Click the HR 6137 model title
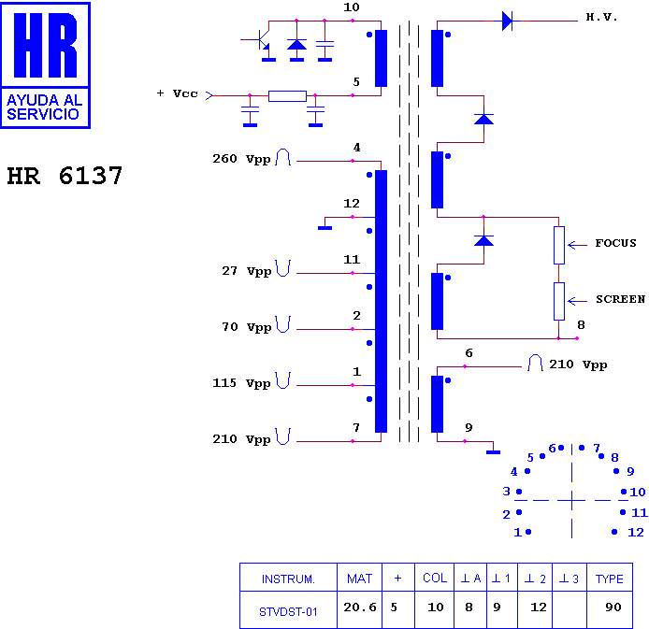coord(65,176)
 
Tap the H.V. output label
coord(602,18)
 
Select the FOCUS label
coord(616,243)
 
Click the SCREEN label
coord(620,299)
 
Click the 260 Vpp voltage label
coord(241,159)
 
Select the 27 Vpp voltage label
coord(247,271)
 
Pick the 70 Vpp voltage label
coord(247,327)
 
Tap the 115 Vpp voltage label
coord(241,383)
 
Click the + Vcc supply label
coord(177,93)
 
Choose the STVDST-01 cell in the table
coord(288,611)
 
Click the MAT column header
coord(359,579)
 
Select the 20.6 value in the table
coord(360,608)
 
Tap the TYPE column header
coord(610,579)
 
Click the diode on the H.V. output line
coord(507,21)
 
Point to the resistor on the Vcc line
coord(287,96)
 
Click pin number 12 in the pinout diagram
coord(636,532)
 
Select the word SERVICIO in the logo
coord(43,114)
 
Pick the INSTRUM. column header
coord(288,579)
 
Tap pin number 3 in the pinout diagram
coord(506,492)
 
